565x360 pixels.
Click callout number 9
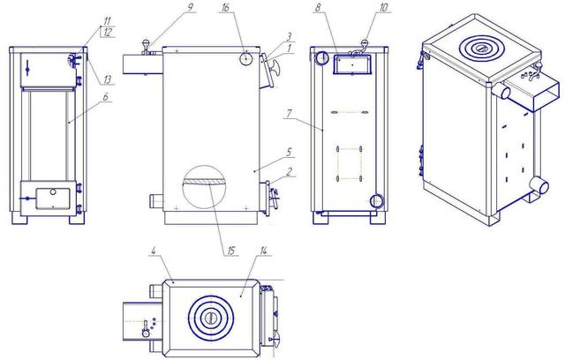191,7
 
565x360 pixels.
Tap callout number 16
225,8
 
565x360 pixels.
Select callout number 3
289,37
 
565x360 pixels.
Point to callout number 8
317,8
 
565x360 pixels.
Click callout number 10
383,8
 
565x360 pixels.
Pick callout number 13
108,79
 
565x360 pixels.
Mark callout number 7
289,114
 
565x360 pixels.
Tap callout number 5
289,152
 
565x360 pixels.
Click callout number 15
230,251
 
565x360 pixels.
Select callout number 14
263,251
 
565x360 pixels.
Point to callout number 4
153,251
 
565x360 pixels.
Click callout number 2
289,172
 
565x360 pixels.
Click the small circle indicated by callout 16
245,59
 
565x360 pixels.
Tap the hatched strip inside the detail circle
204,182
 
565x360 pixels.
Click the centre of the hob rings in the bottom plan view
210,318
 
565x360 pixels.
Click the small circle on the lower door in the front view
53,191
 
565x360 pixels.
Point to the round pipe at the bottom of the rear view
377,200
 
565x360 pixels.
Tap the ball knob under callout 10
365,43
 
